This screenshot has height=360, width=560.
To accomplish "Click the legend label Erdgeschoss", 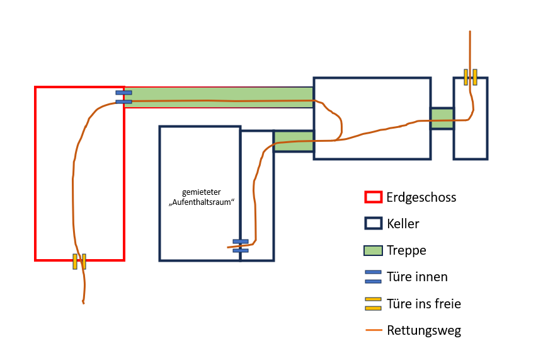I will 421,197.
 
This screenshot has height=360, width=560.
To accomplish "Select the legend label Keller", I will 403,224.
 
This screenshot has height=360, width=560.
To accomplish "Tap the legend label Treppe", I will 406,250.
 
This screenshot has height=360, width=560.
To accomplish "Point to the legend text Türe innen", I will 417,277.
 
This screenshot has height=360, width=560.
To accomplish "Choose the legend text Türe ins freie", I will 424,304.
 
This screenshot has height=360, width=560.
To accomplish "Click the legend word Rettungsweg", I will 424,330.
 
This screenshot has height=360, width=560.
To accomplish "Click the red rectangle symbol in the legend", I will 374,197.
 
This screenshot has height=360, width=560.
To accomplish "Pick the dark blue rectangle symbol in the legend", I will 374,224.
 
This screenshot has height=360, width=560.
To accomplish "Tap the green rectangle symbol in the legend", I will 374,250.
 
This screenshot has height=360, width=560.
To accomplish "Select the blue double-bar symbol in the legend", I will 374,277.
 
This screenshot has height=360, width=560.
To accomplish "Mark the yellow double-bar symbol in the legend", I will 374,303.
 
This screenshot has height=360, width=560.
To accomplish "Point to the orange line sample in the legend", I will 374,330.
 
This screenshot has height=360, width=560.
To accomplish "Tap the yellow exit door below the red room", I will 79,261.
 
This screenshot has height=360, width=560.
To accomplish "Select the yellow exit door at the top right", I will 470,77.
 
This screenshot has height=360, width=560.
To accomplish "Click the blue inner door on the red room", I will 123,96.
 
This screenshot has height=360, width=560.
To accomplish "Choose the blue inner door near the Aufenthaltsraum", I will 241,246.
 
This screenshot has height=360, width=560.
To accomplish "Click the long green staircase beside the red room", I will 219,98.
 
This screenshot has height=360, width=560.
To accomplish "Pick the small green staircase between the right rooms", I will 442,119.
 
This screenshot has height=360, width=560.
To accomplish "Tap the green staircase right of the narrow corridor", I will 294,141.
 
